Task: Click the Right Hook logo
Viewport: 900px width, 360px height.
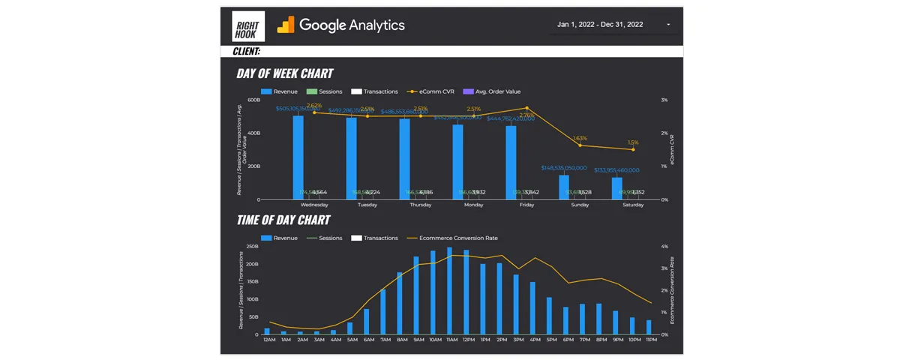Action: coord(248,25)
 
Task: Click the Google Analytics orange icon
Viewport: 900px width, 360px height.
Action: coord(286,25)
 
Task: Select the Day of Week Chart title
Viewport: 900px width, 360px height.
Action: coord(284,73)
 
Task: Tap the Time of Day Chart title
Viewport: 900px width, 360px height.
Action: coord(283,220)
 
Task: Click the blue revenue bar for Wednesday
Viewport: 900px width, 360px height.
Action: coord(298,157)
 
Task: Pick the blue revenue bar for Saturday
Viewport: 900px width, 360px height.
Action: coord(616,188)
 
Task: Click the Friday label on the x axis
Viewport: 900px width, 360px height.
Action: coord(526,205)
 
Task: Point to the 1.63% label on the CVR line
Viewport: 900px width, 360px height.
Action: coord(580,139)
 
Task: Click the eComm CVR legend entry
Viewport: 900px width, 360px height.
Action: coord(431,91)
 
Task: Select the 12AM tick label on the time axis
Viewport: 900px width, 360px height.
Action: coord(269,340)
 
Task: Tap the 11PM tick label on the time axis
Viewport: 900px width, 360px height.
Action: coord(650,340)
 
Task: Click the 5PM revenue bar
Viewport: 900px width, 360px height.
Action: coord(550,316)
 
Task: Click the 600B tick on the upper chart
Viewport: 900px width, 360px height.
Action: coord(253,100)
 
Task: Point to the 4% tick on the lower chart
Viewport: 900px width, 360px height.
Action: coord(664,246)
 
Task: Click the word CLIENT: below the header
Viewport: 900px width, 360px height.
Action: coord(246,51)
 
